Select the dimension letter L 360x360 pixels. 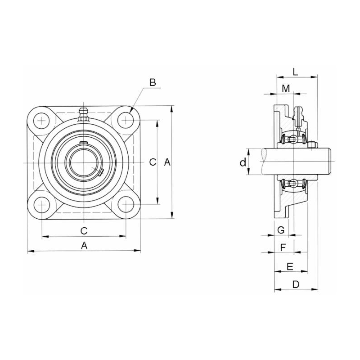click(295, 72)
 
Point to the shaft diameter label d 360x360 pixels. click(243, 162)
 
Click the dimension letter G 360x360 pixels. click(281, 230)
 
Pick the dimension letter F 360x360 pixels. click(283, 247)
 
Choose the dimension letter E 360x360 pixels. click(290, 267)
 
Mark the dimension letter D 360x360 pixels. click(296, 284)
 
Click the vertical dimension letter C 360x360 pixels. click(153, 162)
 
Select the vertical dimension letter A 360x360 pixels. click(167, 162)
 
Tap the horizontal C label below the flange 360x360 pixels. click(84, 231)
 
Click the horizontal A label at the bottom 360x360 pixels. click(84, 246)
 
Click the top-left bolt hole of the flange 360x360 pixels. click(42, 121)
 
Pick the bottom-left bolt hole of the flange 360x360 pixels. click(42, 205)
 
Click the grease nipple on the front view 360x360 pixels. click(82, 114)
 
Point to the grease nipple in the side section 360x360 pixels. click(297, 117)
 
